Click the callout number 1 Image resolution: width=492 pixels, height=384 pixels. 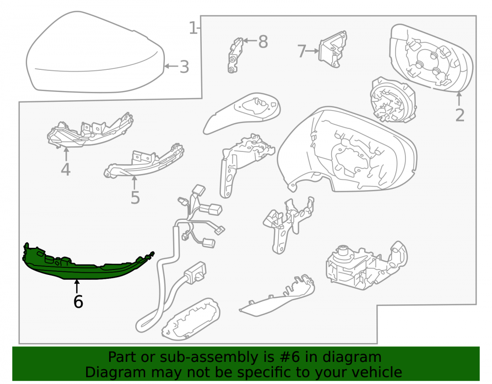(x=193, y=28)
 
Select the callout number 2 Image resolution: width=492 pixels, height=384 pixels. (x=460, y=116)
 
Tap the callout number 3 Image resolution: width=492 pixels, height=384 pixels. (x=184, y=67)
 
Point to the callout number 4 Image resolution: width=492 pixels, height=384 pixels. (x=65, y=169)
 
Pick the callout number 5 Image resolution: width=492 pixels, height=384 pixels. (x=135, y=198)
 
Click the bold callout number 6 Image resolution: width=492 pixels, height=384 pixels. (x=78, y=301)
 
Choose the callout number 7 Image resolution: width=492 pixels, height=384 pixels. (x=302, y=51)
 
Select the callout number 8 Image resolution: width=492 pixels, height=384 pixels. (x=263, y=42)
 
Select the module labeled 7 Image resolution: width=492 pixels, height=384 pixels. (x=333, y=49)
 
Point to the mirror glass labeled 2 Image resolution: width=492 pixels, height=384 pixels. (x=431, y=59)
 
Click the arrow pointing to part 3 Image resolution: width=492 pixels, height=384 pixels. (x=171, y=66)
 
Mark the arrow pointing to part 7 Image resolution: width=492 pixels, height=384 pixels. (x=312, y=51)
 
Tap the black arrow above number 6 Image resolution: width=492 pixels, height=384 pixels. (x=77, y=287)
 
